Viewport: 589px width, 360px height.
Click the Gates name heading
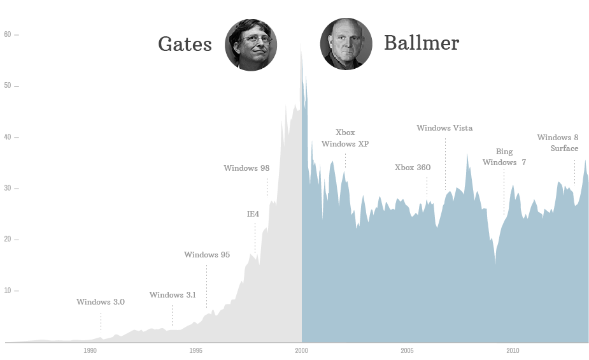point(185,44)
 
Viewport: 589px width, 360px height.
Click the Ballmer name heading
point(422,43)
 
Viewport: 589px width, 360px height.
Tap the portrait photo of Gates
point(251,45)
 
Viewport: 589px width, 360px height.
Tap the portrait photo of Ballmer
point(346,44)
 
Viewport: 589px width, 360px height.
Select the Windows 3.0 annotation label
point(101,302)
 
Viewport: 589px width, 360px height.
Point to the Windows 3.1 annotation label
point(173,295)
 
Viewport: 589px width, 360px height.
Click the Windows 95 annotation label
point(207,255)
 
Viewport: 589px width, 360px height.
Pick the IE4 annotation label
point(253,214)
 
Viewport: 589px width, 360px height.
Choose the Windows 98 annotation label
point(246,168)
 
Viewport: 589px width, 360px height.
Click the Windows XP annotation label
point(345,144)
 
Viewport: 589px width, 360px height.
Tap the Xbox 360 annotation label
point(413,168)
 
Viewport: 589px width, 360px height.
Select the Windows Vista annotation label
point(444,128)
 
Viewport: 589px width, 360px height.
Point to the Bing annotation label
point(504,152)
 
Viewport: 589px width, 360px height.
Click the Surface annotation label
point(565,148)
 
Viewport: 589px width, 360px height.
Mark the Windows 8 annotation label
point(558,138)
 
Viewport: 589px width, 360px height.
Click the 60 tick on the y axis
point(8,34)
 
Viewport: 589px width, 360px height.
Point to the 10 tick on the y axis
point(8,291)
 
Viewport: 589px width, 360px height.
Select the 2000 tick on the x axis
point(302,351)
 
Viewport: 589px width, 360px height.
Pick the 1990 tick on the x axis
point(90,351)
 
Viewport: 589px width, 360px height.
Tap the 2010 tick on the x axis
point(513,351)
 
